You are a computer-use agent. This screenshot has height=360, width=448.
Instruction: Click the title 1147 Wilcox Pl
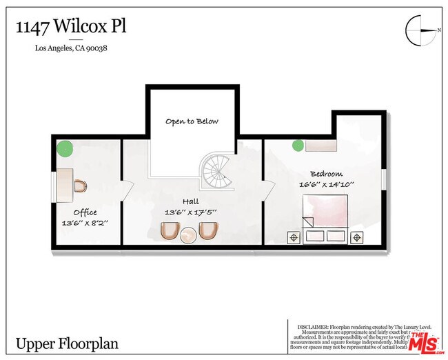coord(71,27)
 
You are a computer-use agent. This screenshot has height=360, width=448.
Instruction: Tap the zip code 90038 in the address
coord(98,48)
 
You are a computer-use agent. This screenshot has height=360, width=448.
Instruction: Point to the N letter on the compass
coord(438,30)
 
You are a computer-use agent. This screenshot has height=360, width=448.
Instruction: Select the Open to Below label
coord(192,121)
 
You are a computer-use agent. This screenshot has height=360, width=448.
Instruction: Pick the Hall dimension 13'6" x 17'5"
coord(191,212)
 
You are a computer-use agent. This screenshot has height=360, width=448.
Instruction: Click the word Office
coord(85,212)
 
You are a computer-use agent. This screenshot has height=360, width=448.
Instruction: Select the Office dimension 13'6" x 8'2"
coord(85,223)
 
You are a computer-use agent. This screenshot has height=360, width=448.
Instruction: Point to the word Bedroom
coord(327,173)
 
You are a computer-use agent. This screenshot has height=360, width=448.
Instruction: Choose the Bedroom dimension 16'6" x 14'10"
coord(327,184)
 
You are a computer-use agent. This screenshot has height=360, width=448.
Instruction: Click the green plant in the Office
coord(65,148)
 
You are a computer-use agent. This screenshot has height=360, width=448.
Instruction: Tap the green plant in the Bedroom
coord(298,146)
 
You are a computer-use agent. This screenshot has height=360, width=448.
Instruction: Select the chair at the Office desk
coord(80,186)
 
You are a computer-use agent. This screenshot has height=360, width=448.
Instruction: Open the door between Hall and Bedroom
coord(267,188)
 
